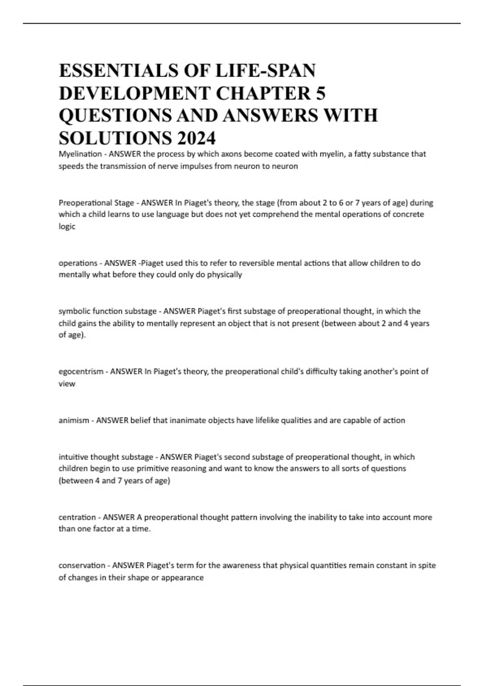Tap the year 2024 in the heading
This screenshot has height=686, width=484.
pos(196,138)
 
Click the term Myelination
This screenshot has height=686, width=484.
pos(80,154)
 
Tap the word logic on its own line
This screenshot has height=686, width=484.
pos(67,226)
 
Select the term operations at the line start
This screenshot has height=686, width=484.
pos(78,263)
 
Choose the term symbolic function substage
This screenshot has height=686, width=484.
pos(107,311)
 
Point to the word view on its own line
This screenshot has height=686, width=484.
pos(67,384)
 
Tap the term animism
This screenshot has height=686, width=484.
pos(74,420)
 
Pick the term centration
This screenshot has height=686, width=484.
pos(77,517)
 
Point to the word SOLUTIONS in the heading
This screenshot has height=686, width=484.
pos(114,138)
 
